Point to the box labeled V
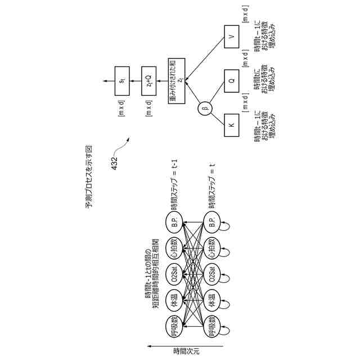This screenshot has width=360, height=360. pos(232,39)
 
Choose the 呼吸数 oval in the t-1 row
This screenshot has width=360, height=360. pos(173,332)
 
